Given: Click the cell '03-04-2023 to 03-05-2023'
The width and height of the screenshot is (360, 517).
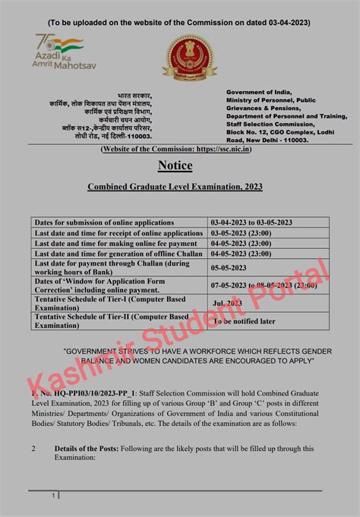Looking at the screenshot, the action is pos(252,222).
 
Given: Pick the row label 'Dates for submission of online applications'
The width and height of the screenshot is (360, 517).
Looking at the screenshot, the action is pos(98,222).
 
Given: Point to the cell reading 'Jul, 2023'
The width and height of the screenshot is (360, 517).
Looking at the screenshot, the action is pos(228,302).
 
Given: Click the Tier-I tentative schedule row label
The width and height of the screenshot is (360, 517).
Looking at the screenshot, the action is pos(109,302).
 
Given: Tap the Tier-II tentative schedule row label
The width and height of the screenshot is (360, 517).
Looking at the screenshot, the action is pos(110,320).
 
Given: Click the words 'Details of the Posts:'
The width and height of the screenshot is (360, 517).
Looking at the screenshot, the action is pos(86,449).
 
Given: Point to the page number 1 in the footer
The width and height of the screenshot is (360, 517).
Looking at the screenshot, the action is pos(54,496).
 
